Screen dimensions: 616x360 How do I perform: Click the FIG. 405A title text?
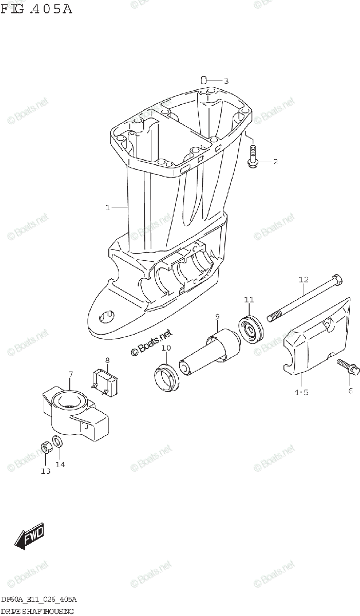(x=36, y=9)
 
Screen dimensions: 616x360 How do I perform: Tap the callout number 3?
(x=225, y=81)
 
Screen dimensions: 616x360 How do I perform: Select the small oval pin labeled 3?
(x=203, y=80)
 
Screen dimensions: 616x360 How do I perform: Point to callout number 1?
(x=108, y=207)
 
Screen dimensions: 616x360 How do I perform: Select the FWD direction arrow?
(x=29, y=536)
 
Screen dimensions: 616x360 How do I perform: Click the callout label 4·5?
(x=301, y=393)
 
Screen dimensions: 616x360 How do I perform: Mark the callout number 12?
(x=303, y=280)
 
